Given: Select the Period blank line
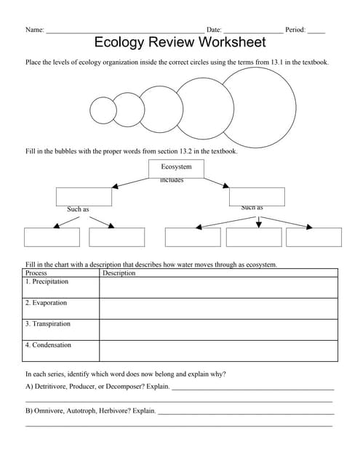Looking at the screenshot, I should [x=316, y=32].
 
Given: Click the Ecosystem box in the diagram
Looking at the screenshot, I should [x=176, y=168].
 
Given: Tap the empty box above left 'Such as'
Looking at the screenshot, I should [x=84, y=196].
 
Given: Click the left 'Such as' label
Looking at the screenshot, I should [x=78, y=210].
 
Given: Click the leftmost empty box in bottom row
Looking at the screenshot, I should [x=52, y=238].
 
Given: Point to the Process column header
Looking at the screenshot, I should [x=36, y=273].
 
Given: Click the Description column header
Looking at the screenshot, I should [x=119, y=273].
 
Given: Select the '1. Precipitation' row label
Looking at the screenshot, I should [x=47, y=281].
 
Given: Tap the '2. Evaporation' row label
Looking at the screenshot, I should [x=46, y=303].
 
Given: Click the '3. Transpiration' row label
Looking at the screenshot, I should [x=47, y=324].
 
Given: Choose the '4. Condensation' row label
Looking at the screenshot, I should [x=48, y=345].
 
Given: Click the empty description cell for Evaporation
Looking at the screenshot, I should [x=218, y=309].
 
